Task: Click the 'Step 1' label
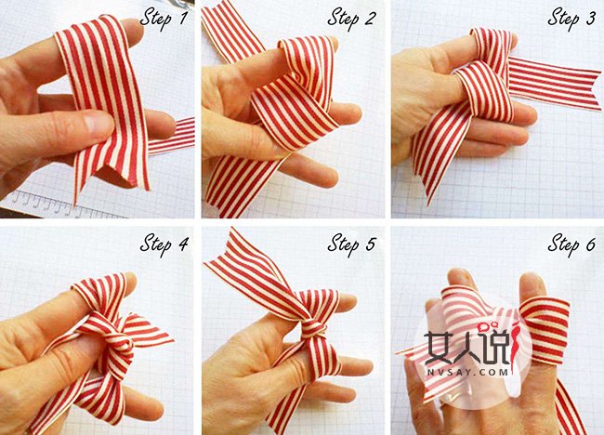tap(164, 19)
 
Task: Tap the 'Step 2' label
tap(351, 19)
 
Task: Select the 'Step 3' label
tap(571, 19)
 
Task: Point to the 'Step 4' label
tap(164, 244)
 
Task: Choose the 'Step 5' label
tap(351, 244)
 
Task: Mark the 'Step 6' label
tap(572, 244)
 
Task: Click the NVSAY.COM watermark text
tap(466, 373)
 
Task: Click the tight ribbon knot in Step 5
tap(312, 330)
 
